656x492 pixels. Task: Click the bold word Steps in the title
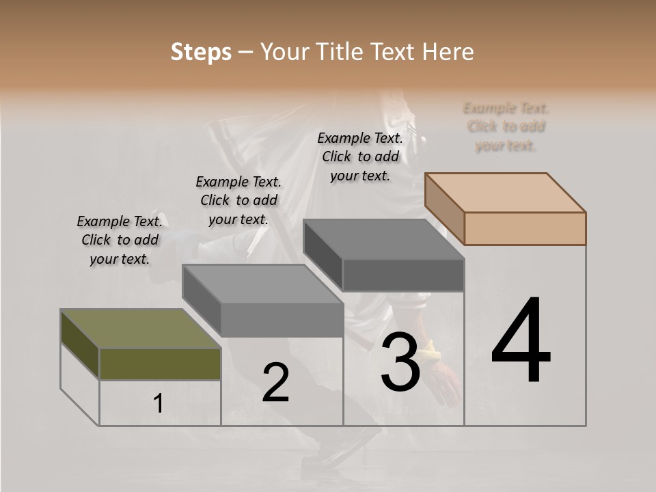pos(201,52)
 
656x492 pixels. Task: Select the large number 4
pos(521,341)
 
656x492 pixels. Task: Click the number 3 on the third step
pos(400,362)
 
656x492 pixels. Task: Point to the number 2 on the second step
pos(276,383)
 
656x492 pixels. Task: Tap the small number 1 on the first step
pos(159,404)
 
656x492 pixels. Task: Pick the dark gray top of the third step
pos(383,239)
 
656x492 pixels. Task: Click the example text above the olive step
pos(120,240)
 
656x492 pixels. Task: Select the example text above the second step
pos(238,200)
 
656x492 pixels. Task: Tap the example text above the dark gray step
pos(360,156)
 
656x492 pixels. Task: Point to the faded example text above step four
pos(506,126)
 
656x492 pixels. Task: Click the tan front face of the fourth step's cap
pos(525,228)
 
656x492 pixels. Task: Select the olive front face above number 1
pos(160,364)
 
